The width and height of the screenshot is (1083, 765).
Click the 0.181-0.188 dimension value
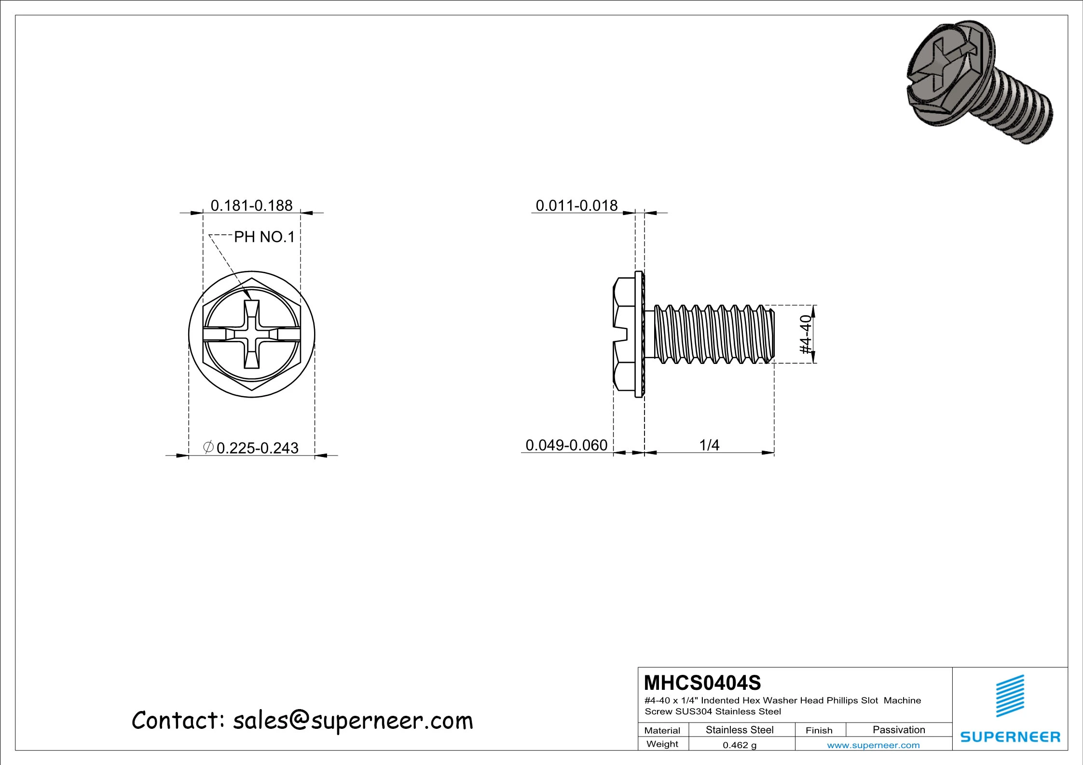(x=251, y=206)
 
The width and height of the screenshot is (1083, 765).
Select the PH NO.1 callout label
(x=264, y=237)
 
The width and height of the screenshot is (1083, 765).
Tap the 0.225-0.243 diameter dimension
(x=257, y=448)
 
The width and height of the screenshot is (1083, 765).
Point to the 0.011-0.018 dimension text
(x=576, y=206)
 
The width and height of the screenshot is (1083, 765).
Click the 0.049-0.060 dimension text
(x=566, y=445)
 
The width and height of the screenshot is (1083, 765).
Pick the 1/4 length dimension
(x=709, y=445)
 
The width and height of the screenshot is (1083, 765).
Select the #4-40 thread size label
(x=806, y=334)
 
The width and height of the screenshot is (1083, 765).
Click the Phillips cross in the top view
(x=251, y=334)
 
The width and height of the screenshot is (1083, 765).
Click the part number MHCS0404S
(x=702, y=683)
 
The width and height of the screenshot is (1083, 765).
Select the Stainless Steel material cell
(x=739, y=730)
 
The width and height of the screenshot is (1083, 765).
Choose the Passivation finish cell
(x=899, y=730)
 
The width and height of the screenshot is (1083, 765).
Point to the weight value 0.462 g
(x=739, y=745)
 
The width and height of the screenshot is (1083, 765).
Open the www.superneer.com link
(x=873, y=745)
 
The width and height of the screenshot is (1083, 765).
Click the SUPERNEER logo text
(x=1010, y=737)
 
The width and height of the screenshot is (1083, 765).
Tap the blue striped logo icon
(x=1010, y=696)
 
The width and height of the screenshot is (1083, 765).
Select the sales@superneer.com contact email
(x=353, y=721)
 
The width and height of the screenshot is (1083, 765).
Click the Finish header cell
(x=819, y=730)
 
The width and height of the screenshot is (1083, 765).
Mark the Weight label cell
(x=662, y=744)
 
